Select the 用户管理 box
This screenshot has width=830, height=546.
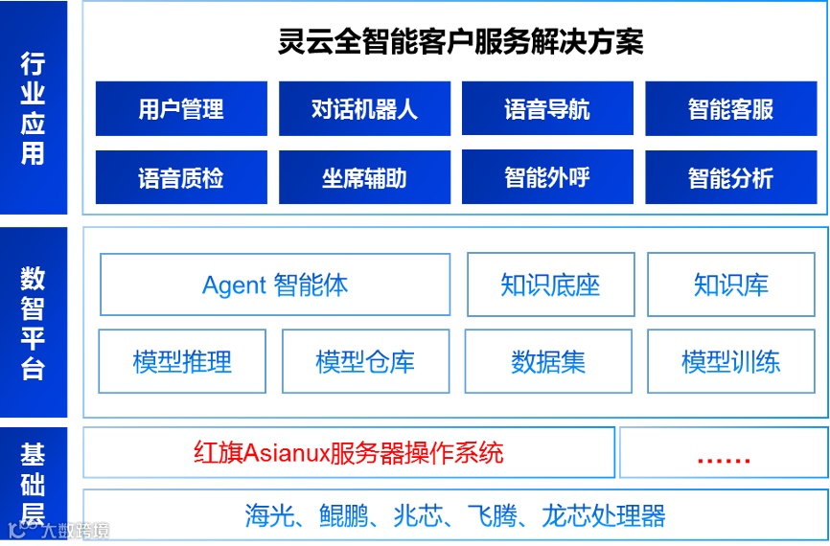(x=181, y=109)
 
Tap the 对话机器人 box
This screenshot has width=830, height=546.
(x=364, y=109)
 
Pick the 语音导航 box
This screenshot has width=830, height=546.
(x=547, y=109)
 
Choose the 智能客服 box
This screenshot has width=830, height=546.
(x=730, y=109)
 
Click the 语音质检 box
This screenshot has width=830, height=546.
(x=181, y=178)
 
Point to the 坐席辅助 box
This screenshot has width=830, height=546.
(x=364, y=178)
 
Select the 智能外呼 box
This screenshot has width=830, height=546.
(x=547, y=177)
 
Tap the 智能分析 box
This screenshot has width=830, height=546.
(x=730, y=178)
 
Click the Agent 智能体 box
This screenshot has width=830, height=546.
(x=275, y=284)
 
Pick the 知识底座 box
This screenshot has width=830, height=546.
(x=550, y=284)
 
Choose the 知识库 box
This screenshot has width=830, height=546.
(x=731, y=284)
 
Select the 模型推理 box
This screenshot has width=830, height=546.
(x=182, y=361)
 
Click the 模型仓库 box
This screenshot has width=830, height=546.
(x=365, y=361)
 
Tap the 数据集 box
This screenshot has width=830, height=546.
(x=548, y=361)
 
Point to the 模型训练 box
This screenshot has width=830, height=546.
(x=731, y=361)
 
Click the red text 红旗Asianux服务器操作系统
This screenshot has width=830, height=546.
(x=348, y=452)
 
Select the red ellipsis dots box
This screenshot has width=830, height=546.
(x=724, y=453)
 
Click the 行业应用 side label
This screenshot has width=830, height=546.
(x=34, y=108)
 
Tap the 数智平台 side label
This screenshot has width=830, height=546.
(x=34, y=323)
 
